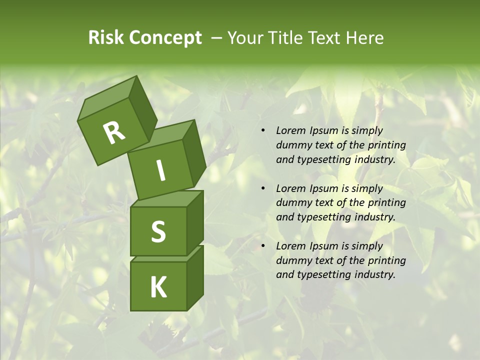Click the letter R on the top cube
(x=114, y=133)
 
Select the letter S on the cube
(x=158, y=231)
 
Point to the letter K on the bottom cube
(x=158, y=287)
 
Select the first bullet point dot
(x=263, y=131)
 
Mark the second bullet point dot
(x=263, y=188)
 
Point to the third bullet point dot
(x=263, y=246)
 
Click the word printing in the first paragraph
(x=386, y=145)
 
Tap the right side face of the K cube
(x=195, y=277)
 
